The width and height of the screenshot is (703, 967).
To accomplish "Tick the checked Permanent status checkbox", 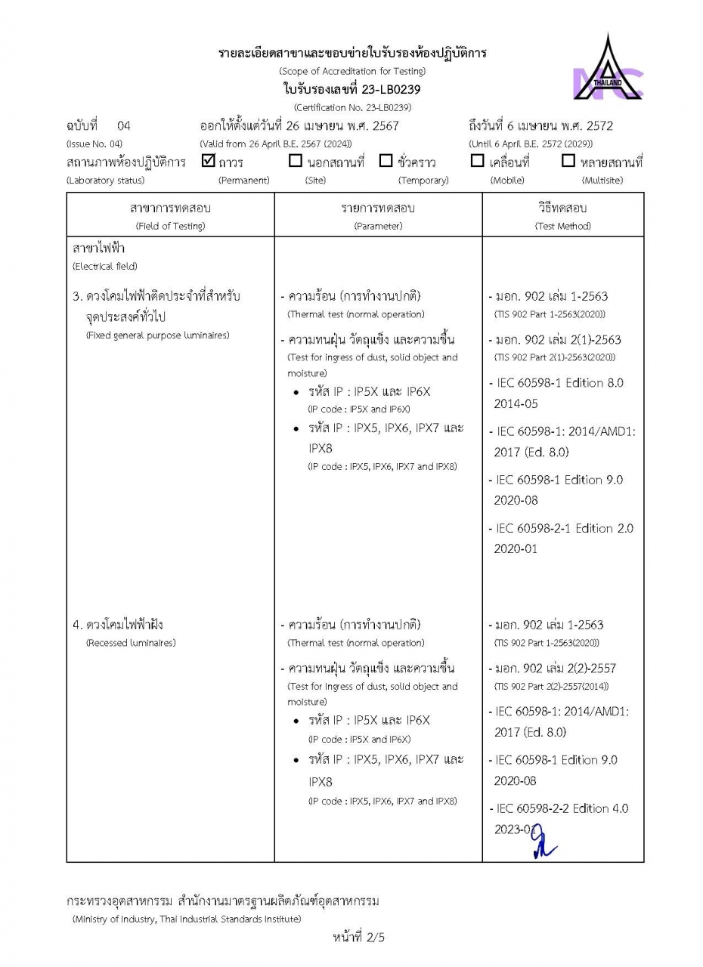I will pos(209,160).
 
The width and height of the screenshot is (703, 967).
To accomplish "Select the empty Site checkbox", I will pos(296,161).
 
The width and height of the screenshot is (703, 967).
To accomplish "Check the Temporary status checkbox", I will pos(386,161).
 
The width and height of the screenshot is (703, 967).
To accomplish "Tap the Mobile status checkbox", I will pos(477,161).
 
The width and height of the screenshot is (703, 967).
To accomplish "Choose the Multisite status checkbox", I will pos(568,161).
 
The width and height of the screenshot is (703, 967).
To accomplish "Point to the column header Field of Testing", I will pos(170,226).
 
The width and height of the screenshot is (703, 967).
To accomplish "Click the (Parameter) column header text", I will pos(377,226).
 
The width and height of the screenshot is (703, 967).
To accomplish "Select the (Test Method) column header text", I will pos(563,226).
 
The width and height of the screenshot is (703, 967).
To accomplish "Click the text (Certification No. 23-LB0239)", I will pos(351,107).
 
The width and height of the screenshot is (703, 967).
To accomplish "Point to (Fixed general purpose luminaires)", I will pos(157,335).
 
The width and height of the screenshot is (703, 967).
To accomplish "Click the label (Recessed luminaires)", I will pos(131,643).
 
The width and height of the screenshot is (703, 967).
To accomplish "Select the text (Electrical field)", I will pos(104,266).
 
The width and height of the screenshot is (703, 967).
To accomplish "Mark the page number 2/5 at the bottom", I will pos(359,938).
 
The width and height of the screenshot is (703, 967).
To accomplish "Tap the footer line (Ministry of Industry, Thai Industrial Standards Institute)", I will pos(187,919).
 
